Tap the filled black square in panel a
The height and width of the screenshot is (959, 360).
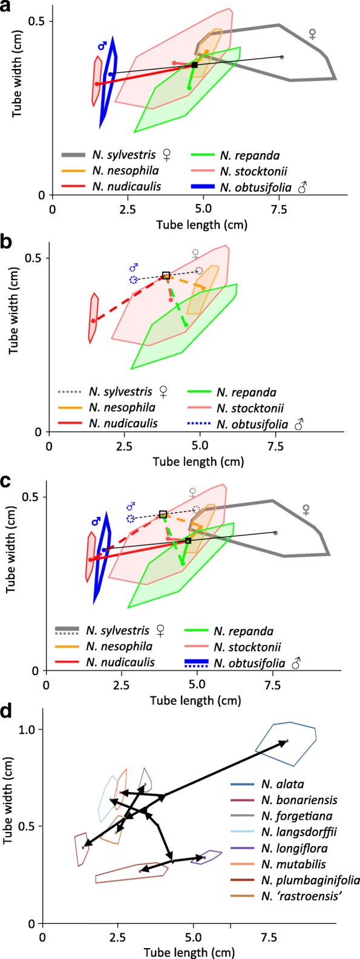pyautogui.click(x=194, y=65)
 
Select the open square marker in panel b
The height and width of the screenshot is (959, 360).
pyautogui.click(x=166, y=276)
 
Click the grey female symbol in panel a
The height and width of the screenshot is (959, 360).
pyautogui.click(x=312, y=34)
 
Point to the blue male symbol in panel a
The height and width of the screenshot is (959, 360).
pyautogui.click(x=102, y=45)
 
